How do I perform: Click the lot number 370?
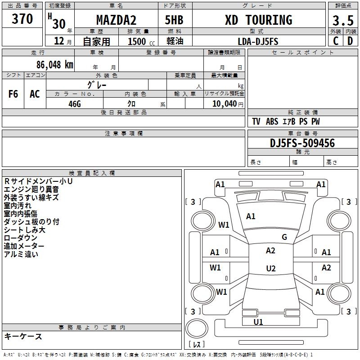click(22, 19)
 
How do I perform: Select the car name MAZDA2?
click(116, 20)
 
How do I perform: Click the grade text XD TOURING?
click(258, 20)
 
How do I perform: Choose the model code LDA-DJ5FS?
click(258, 41)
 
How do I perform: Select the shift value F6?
click(13, 94)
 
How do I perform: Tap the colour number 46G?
click(75, 103)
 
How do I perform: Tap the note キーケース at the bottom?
click(23, 336)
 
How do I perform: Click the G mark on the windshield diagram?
click(284, 237)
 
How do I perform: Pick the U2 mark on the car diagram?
click(270, 269)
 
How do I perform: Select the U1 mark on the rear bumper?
click(258, 322)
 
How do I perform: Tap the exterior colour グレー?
click(97, 84)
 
